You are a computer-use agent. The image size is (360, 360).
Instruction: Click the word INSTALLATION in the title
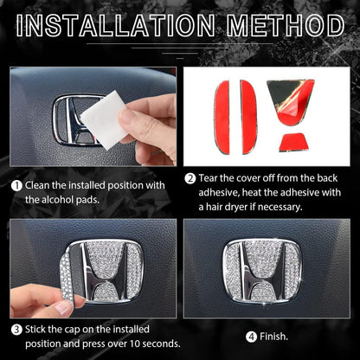coord(115,25)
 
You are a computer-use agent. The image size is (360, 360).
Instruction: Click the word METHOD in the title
coord(286,25)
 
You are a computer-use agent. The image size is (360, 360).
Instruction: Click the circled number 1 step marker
coord(16,185)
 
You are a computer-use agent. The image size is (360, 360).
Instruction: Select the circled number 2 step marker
coord(190,178)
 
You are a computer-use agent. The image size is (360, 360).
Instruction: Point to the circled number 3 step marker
coord(16,330)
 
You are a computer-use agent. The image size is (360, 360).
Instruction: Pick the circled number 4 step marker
coord(252,337)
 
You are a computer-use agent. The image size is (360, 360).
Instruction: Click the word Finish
coord(273,337)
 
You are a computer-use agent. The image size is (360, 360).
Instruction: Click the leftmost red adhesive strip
coord(222,117)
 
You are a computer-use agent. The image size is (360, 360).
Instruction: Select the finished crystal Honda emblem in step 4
coord(262,271)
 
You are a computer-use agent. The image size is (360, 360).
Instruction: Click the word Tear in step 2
coord(208,178)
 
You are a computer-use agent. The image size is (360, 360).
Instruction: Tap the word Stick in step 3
coord(35,330)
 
